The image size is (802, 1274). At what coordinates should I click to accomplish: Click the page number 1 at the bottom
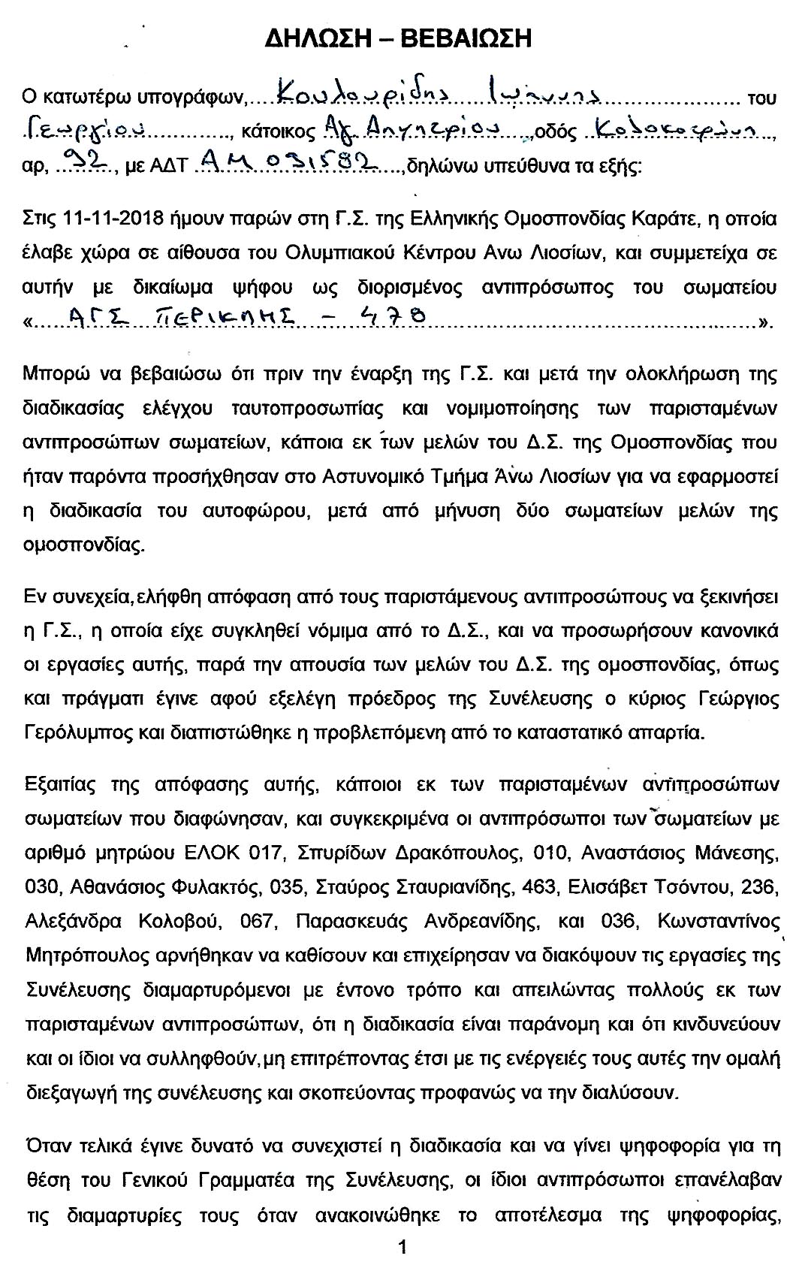(x=402, y=1248)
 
